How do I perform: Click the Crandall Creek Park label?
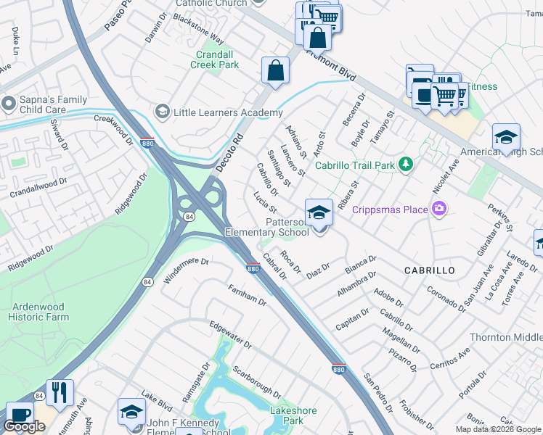(214, 59)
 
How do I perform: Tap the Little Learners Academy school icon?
(162, 112)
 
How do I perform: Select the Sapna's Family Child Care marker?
(8, 103)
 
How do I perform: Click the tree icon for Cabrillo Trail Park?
(405, 165)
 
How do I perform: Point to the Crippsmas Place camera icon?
(438, 210)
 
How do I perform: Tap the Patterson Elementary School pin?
(319, 213)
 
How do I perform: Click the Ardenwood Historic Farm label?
(38, 312)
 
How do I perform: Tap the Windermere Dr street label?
(187, 270)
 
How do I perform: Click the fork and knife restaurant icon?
(60, 393)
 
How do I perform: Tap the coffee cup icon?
(20, 415)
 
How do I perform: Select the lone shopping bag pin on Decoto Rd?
(276, 71)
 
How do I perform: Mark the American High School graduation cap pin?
(506, 137)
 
